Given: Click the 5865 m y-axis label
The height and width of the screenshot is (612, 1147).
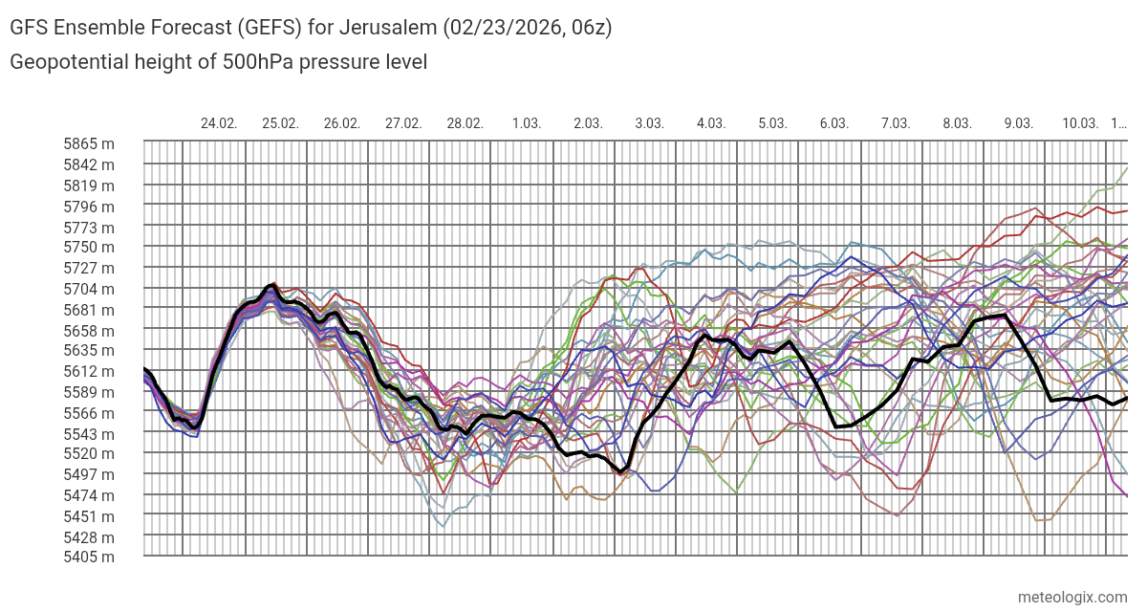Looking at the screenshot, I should pyautogui.click(x=89, y=143).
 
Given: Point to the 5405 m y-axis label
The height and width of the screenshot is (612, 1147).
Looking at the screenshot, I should pyautogui.click(x=89, y=557).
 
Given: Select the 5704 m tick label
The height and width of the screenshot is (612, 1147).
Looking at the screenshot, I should pyautogui.click(x=89, y=289).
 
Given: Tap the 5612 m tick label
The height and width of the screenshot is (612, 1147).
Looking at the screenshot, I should pyautogui.click(x=89, y=371).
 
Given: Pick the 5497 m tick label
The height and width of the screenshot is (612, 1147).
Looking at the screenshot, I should pyautogui.click(x=89, y=474).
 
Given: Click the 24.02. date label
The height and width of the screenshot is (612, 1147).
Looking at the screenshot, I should pyautogui.click(x=219, y=123).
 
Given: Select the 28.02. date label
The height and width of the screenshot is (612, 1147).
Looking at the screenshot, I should pyautogui.click(x=465, y=123).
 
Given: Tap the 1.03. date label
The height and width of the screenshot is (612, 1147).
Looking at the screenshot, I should pyautogui.click(x=527, y=123).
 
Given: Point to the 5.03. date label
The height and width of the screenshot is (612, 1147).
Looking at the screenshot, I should pyautogui.click(x=772, y=123).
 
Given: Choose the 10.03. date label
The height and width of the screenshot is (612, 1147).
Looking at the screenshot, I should pyautogui.click(x=1080, y=123).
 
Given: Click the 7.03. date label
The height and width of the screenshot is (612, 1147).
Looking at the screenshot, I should pyautogui.click(x=896, y=123).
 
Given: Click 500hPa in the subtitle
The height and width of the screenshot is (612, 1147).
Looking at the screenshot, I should pyautogui.click(x=253, y=62).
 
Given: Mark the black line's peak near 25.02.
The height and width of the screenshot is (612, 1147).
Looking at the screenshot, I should pyautogui.click(x=273, y=285).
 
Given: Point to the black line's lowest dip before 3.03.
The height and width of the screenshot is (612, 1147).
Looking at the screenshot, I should pyautogui.click(x=622, y=471).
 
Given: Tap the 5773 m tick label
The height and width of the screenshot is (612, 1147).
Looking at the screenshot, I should pyautogui.click(x=89, y=227).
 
